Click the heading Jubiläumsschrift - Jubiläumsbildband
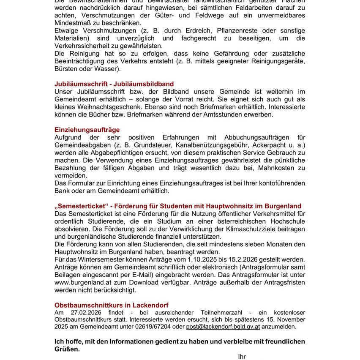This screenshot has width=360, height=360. tap(114, 84)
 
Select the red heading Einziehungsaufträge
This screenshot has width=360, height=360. tap(87, 130)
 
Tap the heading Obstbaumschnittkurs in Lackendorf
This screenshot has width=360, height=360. tap(112, 305)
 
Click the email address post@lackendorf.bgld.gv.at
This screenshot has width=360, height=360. tap(223, 327)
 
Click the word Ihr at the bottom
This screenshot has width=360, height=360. tap(242, 357)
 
